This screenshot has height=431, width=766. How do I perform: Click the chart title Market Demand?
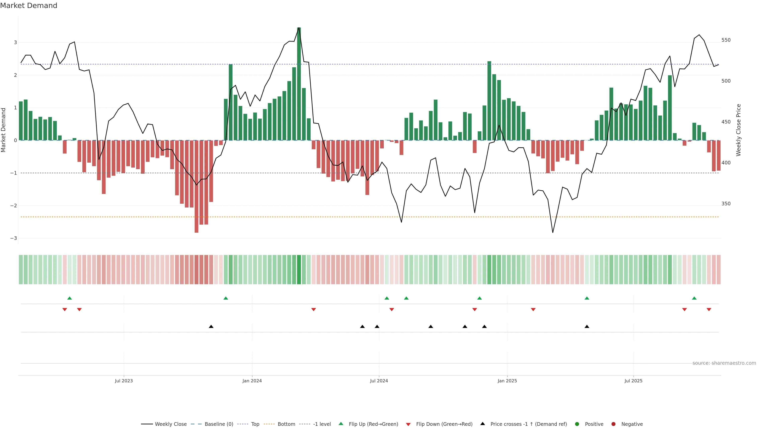tap(29, 6)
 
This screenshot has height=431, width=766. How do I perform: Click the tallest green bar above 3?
tap(299, 83)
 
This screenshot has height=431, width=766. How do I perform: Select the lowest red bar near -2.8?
tap(196, 187)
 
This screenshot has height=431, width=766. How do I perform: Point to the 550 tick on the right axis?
tap(726, 40)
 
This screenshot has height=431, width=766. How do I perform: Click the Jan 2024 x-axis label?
tap(252, 381)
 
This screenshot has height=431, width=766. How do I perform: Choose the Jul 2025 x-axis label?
tap(633, 381)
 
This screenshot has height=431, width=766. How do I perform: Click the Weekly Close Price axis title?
tap(739, 130)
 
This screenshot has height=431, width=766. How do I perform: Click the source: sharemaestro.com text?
tap(724, 363)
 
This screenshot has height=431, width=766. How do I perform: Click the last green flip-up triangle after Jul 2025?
tap(694, 298)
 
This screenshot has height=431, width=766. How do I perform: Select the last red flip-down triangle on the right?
tap(709, 310)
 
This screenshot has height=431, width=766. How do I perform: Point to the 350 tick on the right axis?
tap(726, 204)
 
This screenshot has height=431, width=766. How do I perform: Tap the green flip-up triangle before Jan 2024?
tap(226, 298)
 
